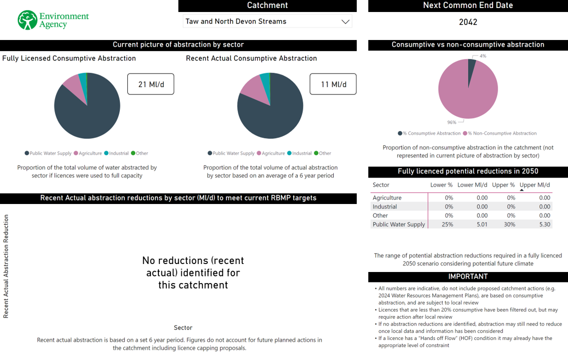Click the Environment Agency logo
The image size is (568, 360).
click(x=53, y=20)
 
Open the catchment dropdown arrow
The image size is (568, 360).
click(x=345, y=21)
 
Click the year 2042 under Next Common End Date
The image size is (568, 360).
click(x=468, y=22)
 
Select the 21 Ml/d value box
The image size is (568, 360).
click(x=150, y=84)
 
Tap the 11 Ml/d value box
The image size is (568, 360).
click(x=333, y=84)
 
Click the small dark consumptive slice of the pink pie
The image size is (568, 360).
click(x=471, y=67)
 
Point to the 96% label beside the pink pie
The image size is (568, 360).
click(x=452, y=122)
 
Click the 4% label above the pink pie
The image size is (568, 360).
click(x=483, y=56)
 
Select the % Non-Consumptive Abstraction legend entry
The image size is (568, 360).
click(x=500, y=133)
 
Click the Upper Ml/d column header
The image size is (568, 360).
click(x=535, y=185)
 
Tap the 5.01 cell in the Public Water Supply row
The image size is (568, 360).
click(x=482, y=224)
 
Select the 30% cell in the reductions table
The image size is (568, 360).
click(x=511, y=224)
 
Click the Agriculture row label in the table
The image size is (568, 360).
click(x=387, y=197)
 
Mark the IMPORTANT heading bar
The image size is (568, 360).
click(x=468, y=276)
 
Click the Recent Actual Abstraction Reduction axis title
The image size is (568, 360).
click(x=6, y=266)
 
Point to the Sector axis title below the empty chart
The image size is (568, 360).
click(x=183, y=327)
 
